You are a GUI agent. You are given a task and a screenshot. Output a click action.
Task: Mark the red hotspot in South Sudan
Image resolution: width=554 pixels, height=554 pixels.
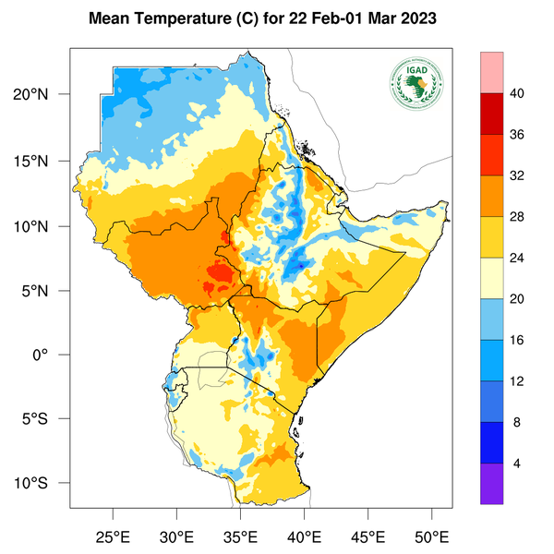point(220,273)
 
